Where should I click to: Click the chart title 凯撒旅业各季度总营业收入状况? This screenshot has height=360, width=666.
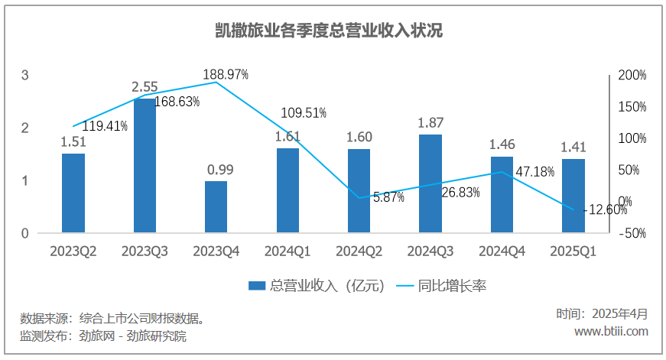(x=330, y=31)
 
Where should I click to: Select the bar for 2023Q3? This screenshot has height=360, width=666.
(x=145, y=165)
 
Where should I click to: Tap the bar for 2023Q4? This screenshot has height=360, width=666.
(x=216, y=206)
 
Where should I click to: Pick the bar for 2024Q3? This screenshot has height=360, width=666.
(x=430, y=183)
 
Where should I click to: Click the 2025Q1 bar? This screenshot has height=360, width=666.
(x=573, y=195)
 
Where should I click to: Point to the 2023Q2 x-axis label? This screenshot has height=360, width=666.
(x=73, y=251)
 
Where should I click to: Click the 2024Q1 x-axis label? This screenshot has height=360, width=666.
(x=288, y=251)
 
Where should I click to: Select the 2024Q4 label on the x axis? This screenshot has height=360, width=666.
(x=502, y=251)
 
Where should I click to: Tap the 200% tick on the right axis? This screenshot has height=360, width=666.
(x=632, y=76)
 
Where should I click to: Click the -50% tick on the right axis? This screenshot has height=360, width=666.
(x=632, y=233)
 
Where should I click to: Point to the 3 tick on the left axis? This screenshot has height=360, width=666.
(x=25, y=76)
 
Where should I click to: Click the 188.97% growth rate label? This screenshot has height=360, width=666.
(x=226, y=74)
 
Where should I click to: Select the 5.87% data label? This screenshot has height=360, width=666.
(x=388, y=197)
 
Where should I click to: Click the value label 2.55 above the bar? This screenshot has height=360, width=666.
(x=145, y=87)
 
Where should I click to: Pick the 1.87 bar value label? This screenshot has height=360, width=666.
(x=430, y=122)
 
